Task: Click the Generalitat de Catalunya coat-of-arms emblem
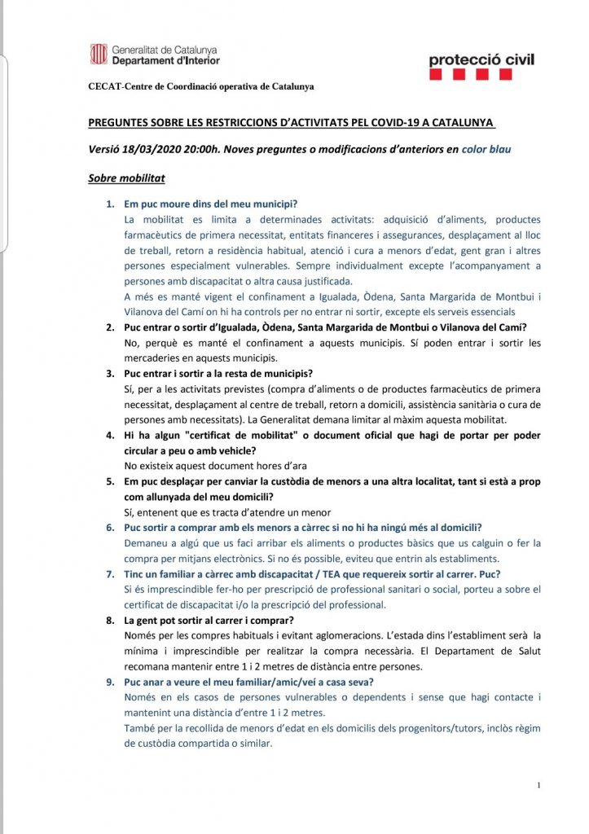[x=98, y=55]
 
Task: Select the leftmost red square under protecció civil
[x=436, y=75]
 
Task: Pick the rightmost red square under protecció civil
[x=506, y=75]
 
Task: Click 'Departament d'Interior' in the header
[x=165, y=61]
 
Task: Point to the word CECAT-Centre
[x=119, y=87]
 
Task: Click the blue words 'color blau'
[x=487, y=149]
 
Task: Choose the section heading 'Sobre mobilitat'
[x=126, y=178]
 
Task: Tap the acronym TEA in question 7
[x=325, y=573]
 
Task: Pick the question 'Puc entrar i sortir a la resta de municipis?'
[x=218, y=374]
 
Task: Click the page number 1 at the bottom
[x=539, y=785]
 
